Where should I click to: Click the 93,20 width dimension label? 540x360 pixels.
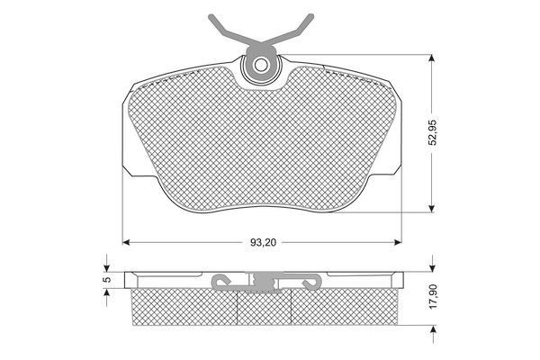[x=263, y=242]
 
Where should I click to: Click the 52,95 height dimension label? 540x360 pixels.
[x=433, y=132]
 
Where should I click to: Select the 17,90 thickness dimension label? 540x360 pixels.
[x=433, y=296]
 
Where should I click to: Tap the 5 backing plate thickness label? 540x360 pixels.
[x=107, y=279]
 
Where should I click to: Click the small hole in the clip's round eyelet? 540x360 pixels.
[x=261, y=65]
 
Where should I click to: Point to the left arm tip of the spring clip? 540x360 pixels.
[x=211, y=16]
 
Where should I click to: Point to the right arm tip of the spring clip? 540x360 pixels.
[x=311, y=16]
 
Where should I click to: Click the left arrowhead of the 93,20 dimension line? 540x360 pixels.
[x=126, y=242]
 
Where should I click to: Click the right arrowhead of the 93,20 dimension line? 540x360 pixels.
[x=398, y=242]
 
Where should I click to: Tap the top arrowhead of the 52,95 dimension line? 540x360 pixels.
[x=431, y=58]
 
